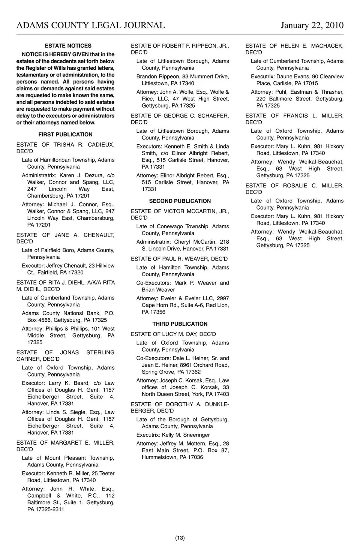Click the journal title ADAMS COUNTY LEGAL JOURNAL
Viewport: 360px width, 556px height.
tap(90, 25)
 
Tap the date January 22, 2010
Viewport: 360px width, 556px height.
tap(312, 25)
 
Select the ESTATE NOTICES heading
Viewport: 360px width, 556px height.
tap(68, 46)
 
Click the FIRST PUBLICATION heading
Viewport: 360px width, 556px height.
tap(65, 135)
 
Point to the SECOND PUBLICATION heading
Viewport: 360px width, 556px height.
tap(180, 201)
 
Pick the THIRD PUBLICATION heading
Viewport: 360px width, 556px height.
tap(180, 324)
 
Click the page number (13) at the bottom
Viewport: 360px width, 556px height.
tap(180, 538)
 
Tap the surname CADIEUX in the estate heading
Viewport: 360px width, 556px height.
tap(101, 145)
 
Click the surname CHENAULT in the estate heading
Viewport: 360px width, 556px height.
tap(99, 235)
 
